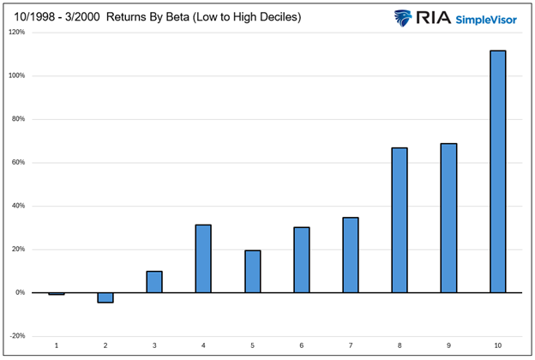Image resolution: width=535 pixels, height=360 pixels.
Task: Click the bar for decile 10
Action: coord(497,171)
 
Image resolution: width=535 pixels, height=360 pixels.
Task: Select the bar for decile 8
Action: coord(400,220)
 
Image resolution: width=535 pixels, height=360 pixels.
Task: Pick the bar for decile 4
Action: coord(203,259)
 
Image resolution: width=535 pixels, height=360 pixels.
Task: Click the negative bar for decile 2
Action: coord(105,297)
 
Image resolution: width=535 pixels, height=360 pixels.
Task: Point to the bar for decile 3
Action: coord(154,282)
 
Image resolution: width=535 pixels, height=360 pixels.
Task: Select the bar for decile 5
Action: coord(252,272)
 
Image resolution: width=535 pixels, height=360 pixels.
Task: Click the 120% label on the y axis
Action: coord(17,33)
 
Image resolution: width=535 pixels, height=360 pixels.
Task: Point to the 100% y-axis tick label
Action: coord(17,76)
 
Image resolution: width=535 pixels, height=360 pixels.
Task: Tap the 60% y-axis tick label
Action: coord(19,163)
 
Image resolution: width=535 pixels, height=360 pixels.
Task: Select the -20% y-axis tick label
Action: coord(18,336)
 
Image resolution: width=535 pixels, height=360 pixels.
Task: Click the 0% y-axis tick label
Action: coord(21,293)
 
